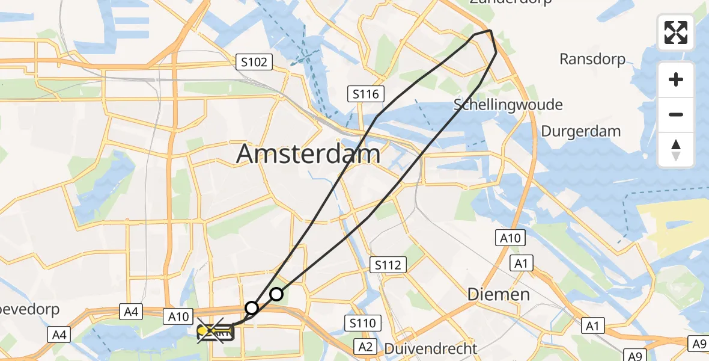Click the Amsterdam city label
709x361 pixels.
tap(308, 154)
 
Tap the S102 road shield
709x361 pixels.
tap(255, 62)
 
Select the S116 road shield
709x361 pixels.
tap(365, 94)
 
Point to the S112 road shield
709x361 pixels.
tap(389, 265)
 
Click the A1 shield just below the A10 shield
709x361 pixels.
tap(521, 263)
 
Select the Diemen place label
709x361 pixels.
tap(499, 294)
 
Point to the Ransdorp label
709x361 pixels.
tap(592, 59)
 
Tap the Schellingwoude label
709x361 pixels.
tap(508, 105)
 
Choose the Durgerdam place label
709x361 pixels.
tap(580, 131)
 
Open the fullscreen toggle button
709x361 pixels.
tap(676, 32)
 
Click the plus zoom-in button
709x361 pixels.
tap(676, 79)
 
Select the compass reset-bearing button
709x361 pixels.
tap(676, 150)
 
